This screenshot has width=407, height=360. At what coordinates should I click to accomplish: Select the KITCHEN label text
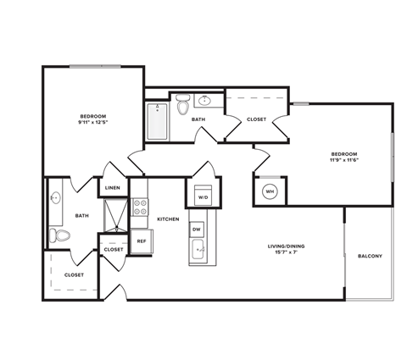[x=168, y=219]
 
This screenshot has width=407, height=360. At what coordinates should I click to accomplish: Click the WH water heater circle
[x=270, y=191]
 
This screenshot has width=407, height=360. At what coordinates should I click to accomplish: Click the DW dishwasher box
[x=197, y=229]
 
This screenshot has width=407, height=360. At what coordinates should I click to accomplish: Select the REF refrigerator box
[x=142, y=241]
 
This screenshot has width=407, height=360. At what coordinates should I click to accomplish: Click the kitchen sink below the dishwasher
[x=198, y=249]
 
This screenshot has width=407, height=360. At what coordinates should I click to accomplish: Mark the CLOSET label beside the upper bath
[x=256, y=119]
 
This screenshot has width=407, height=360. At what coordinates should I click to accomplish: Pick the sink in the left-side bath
[x=56, y=199]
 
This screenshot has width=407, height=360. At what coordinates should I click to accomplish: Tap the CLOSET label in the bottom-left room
[x=74, y=274]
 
